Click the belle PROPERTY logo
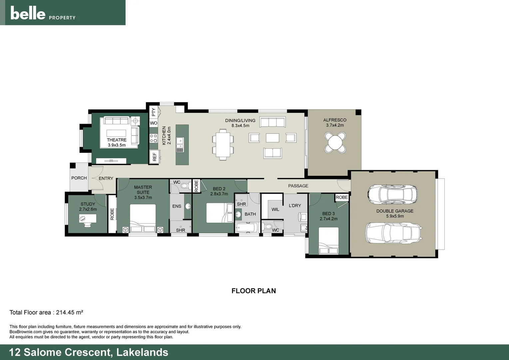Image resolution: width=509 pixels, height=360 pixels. (43, 13)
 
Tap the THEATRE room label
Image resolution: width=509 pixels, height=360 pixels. (117, 140)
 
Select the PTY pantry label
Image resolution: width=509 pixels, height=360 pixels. (154, 112)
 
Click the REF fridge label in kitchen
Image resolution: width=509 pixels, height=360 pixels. (155, 157)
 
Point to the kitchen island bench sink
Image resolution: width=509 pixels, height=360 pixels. (180, 145)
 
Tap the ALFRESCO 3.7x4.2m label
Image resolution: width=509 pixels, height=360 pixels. (335, 122)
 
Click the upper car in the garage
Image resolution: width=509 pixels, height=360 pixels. (392, 193)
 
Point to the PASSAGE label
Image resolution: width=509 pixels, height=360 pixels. (298, 186)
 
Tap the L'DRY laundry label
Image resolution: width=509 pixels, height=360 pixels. (295, 206)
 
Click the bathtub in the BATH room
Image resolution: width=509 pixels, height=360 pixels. (247, 228)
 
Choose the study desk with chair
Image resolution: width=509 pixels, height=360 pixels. (88, 219)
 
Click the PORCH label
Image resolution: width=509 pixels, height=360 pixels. (79, 178)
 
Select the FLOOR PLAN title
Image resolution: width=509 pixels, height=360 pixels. (254, 291)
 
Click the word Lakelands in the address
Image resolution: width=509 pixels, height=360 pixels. (142, 352)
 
